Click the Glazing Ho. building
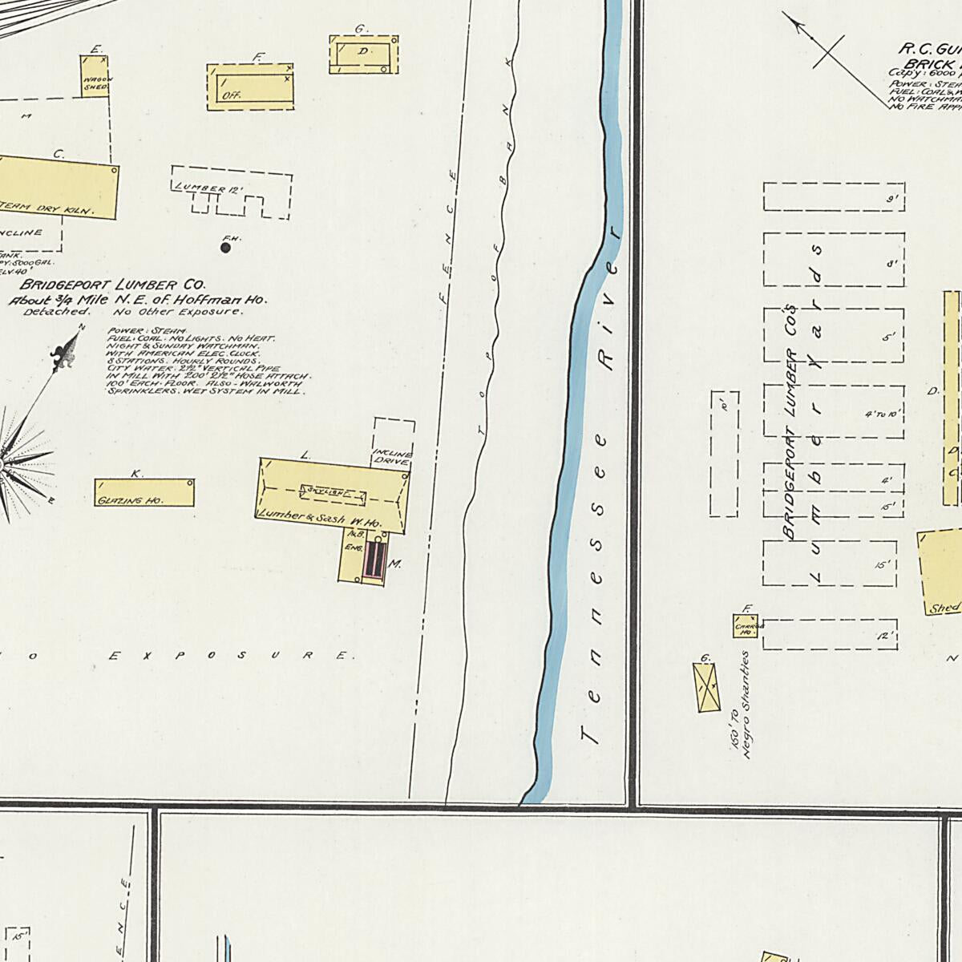(x=144, y=493)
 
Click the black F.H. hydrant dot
(x=225, y=248)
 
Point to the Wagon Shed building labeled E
(x=95, y=76)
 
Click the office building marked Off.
(x=249, y=87)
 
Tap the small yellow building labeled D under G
(x=364, y=55)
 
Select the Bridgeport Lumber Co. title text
(x=113, y=285)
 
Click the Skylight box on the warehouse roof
(x=333, y=491)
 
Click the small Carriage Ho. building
(x=745, y=626)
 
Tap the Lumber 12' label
(x=208, y=188)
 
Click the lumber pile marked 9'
(x=834, y=197)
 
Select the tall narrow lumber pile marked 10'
(x=724, y=454)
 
